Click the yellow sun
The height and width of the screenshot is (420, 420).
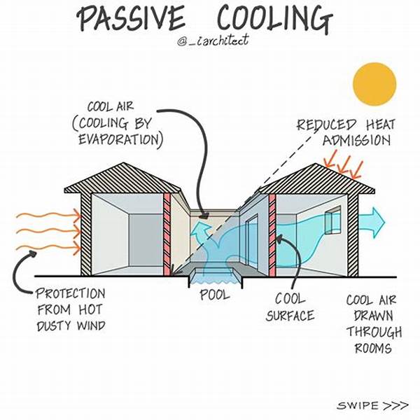pyautogui.click(x=374, y=83)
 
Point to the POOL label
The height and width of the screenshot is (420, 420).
pyautogui.click(x=214, y=295)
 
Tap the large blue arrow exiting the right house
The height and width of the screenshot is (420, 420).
pyautogui.click(x=372, y=223)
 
